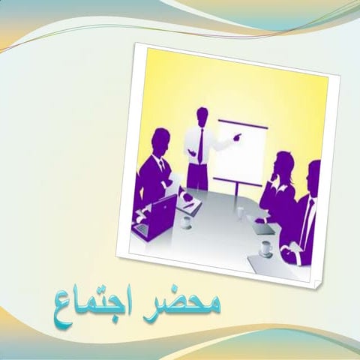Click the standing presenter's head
click(x=202, y=115)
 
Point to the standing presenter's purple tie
click(x=201, y=145)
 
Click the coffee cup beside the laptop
click(x=186, y=221)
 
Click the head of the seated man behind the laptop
click(x=160, y=140)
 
